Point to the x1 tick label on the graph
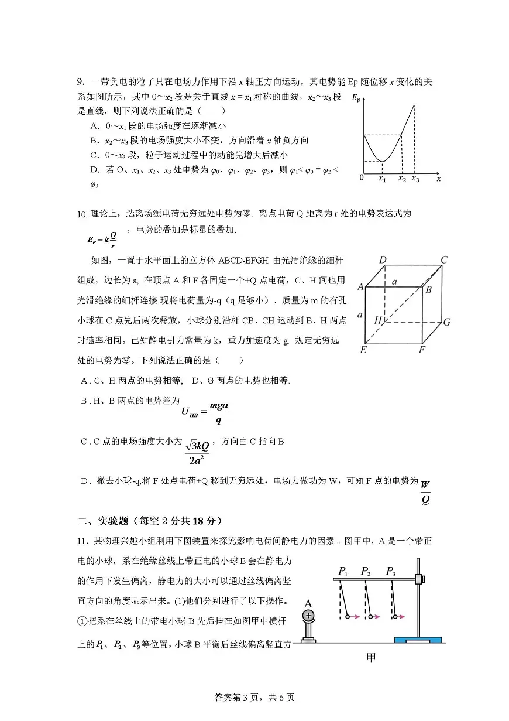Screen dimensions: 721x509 [382, 179]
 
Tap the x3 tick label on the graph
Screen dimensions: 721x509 [415, 179]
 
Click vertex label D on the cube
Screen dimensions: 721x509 [383, 260]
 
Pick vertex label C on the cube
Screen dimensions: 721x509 [444, 260]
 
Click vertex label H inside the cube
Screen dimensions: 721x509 [379, 320]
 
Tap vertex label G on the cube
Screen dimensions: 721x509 [446, 322]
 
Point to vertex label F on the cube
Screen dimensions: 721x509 [422, 350]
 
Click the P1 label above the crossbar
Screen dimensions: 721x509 [343, 571]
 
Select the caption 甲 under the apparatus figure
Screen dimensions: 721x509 [370, 658]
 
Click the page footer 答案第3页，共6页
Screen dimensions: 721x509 [254, 698]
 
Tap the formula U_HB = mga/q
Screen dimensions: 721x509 [204, 412]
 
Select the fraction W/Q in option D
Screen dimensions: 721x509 [425, 492]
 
